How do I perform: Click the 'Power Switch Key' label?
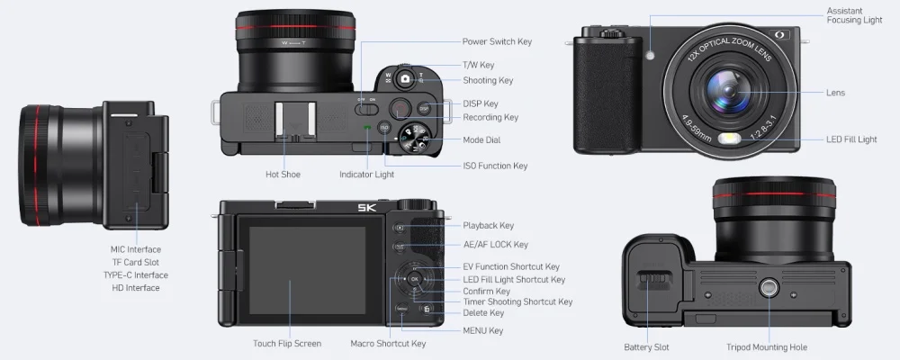[497, 41]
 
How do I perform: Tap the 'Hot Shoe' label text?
[283, 174]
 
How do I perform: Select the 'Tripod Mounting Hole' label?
[767, 347]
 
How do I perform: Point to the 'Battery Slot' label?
[646, 347]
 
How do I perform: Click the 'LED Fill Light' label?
[851, 139]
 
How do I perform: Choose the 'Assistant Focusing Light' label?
[854, 15]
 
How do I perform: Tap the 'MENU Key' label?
[482, 330]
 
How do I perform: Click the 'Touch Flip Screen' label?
[286, 344]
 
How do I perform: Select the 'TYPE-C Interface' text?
[135, 275]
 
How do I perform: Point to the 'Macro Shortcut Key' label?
[388, 344]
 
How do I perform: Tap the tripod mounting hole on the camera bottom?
[769, 288]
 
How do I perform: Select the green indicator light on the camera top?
[366, 128]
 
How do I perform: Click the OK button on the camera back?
[414, 279]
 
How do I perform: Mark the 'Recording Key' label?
[490, 117]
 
